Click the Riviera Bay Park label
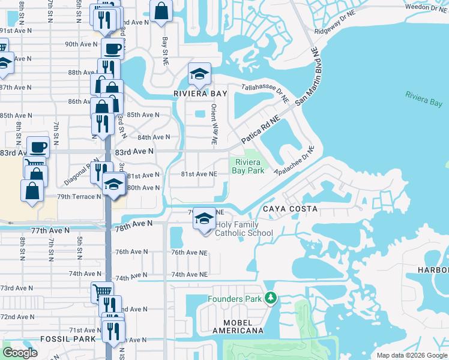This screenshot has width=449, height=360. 249,166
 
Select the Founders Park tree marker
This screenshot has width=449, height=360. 271,298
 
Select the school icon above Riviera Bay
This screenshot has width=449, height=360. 199,74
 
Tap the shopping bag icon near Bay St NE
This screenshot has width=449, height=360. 161,11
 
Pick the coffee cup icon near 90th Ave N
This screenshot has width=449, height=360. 112,48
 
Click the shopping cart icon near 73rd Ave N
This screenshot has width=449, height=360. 102,292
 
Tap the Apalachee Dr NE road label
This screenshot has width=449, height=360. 294,159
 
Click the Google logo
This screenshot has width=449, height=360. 20,353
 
